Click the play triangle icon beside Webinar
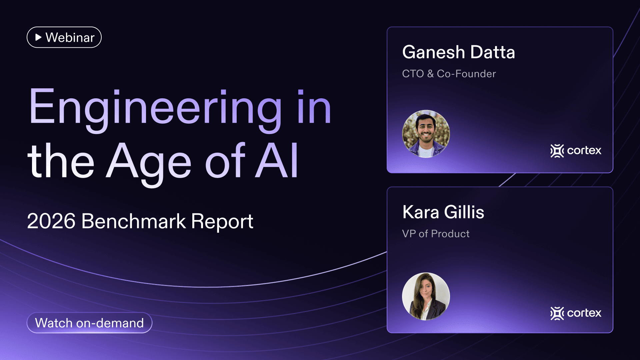38,37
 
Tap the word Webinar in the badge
70,37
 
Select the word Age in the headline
149,162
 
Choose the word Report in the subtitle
222,222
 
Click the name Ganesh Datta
458,52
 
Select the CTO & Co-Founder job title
449,74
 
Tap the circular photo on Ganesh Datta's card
426,134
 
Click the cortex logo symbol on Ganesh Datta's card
557,151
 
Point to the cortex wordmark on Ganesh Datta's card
584,151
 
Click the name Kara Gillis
443,212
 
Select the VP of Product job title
435,234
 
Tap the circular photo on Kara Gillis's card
426,296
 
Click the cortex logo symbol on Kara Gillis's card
557,313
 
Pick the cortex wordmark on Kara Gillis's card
584,313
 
